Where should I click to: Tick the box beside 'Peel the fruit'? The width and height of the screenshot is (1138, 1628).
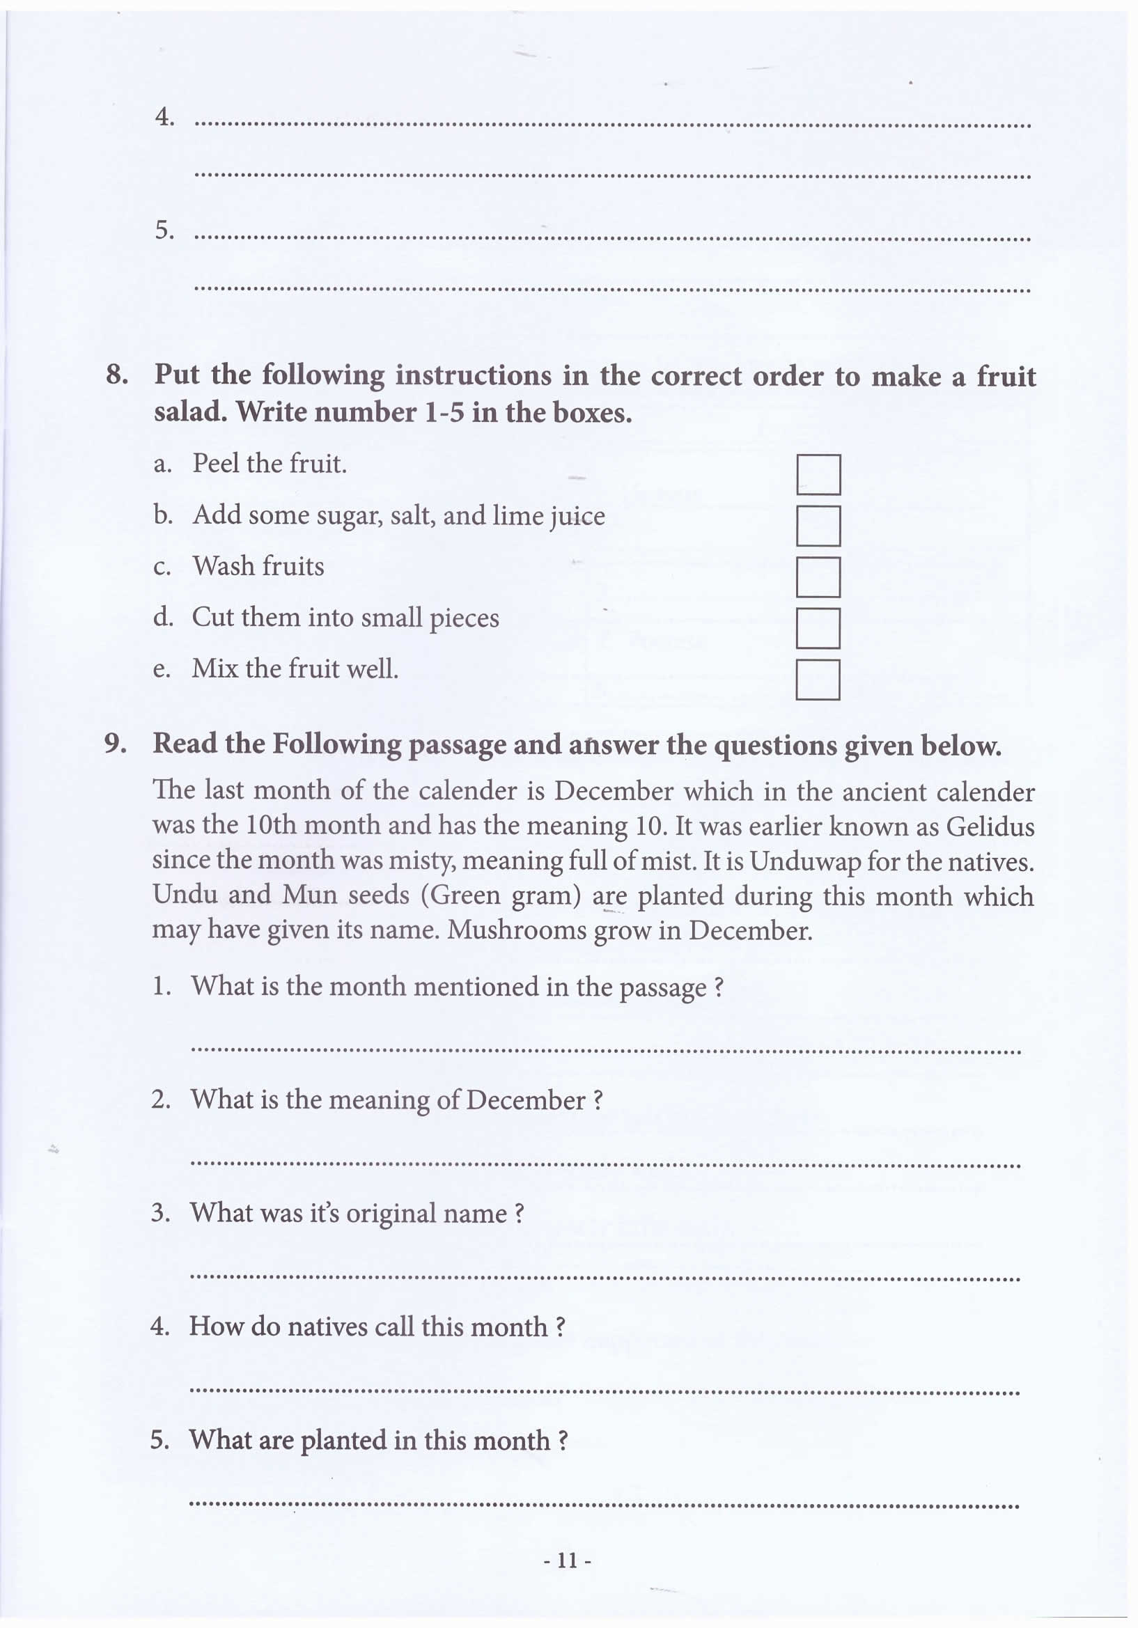(818, 474)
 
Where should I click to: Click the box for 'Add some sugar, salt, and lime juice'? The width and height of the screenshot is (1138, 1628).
(818, 526)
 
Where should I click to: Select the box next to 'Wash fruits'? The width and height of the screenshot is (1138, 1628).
(818, 577)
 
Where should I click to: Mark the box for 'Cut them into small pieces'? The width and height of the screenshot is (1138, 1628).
(818, 628)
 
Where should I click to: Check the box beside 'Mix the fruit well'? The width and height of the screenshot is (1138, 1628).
(818, 680)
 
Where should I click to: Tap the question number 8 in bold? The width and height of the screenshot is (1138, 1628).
(116, 375)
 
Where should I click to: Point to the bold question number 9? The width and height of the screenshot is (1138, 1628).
(115, 743)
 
